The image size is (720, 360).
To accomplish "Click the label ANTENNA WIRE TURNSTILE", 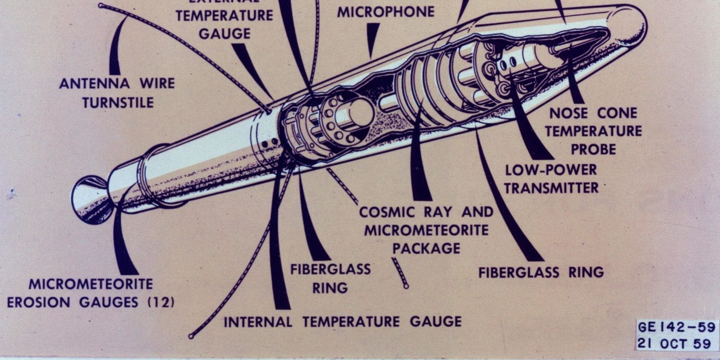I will coord(117,93).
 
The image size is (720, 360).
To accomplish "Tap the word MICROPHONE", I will coord(386,12).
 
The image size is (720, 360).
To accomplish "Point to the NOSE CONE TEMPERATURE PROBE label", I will coord(594,131).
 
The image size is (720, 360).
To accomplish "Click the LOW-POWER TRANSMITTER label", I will coord(551,178).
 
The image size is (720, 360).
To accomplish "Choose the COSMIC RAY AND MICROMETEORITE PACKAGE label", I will coord(426,229).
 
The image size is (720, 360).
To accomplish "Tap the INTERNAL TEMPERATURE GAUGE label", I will coord(342,322).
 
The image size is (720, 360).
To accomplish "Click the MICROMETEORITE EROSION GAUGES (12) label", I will coord(90,293).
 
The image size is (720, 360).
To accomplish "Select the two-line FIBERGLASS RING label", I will coord(330,278).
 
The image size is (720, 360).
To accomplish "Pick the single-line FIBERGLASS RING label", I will coord(540,272).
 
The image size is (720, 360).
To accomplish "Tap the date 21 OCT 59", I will coord(674,344).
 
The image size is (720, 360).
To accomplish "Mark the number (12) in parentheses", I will coord(161,302).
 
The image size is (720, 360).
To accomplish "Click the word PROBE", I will coord(594,149).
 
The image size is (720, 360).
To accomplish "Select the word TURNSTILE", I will coord(118,103).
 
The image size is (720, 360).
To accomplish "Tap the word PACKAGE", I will coord(426,248).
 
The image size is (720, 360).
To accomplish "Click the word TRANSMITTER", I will coord(551,188).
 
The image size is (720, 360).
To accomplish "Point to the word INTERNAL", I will coord(258,322).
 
